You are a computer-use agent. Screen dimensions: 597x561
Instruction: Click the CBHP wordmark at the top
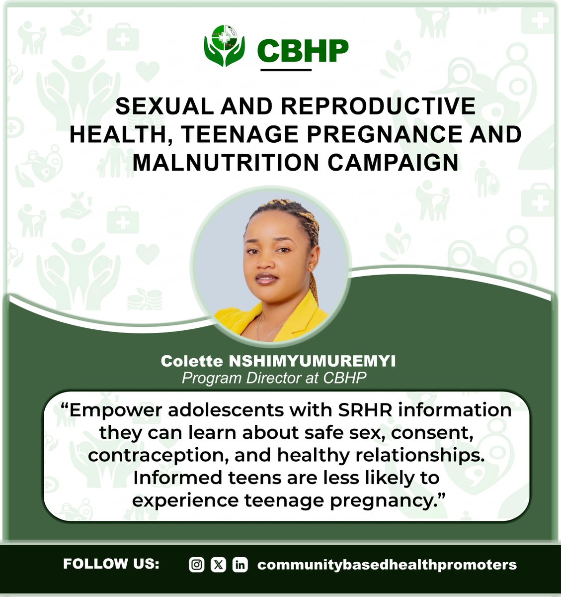[x=303, y=51]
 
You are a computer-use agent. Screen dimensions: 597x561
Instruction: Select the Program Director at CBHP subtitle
[x=274, y=378]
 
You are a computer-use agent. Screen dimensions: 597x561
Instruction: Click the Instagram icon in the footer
[x=197, y=565]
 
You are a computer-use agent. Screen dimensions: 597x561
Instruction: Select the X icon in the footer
[x=218, y=565]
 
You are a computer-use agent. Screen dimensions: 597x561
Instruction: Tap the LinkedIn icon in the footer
[x=240, y=565]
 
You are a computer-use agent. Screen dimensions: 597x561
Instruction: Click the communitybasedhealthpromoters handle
[x=387, y=565]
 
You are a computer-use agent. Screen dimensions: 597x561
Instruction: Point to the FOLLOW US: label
[x=111, y=564]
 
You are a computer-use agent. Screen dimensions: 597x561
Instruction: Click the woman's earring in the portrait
[x=312, y=268]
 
